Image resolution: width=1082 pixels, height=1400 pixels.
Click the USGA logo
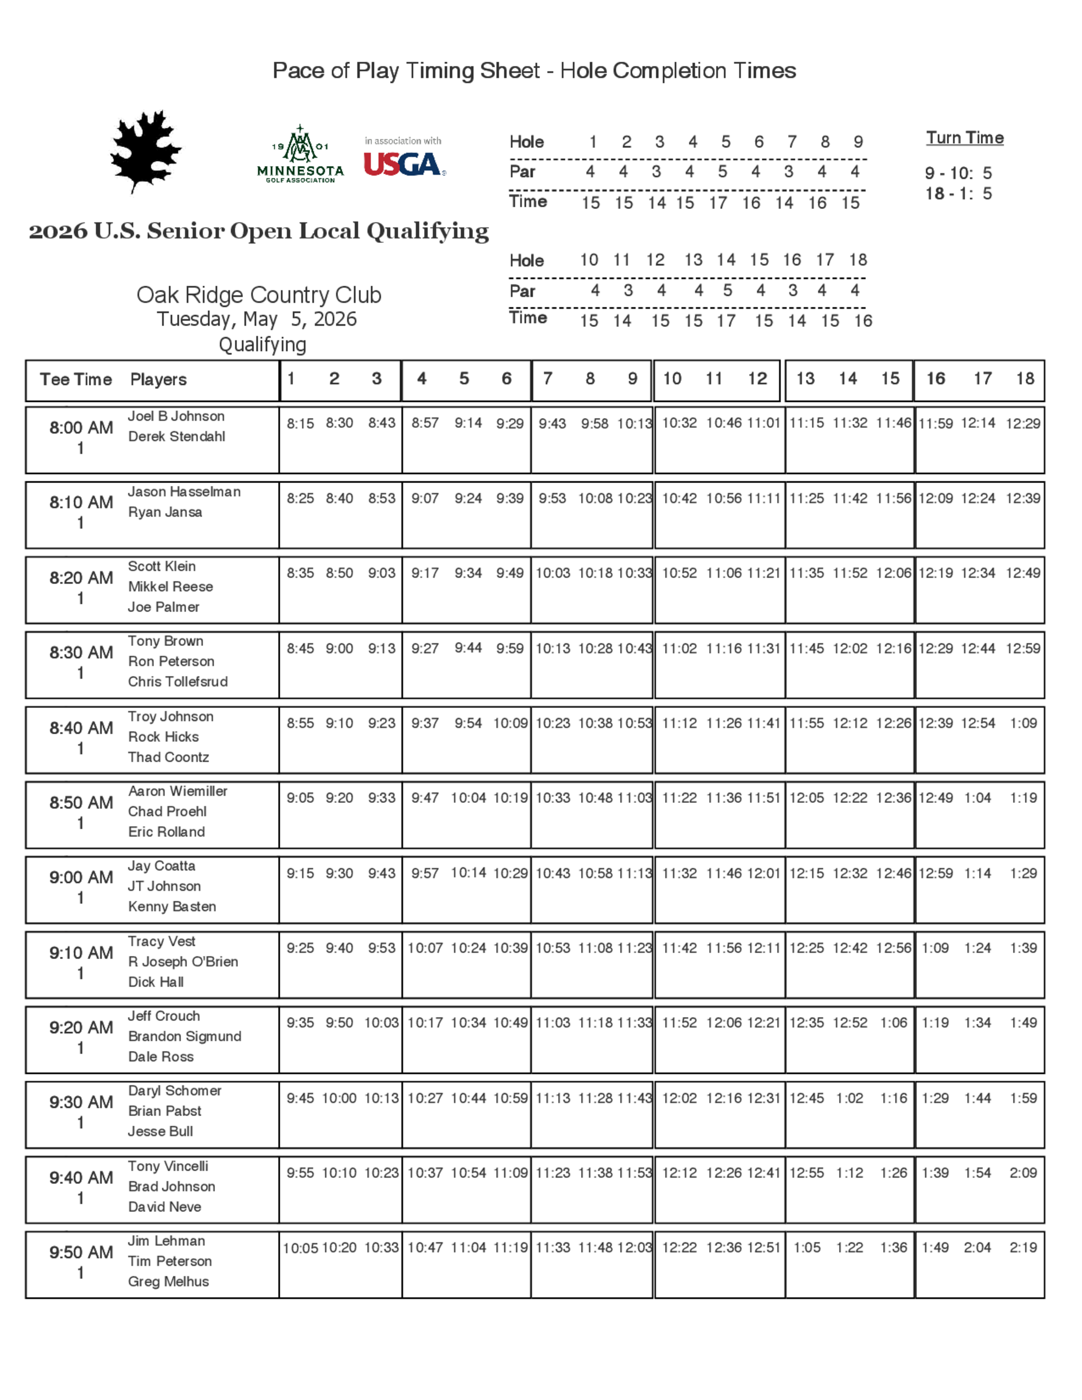404,164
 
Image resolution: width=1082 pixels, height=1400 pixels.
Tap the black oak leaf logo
146,151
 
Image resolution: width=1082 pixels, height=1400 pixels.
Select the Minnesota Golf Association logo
300,155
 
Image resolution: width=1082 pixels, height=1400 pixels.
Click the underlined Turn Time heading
964,138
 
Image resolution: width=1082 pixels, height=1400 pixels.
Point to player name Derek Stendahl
176,437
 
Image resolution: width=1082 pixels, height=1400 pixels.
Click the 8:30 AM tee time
81,652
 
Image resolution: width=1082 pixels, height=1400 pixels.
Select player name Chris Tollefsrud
177,682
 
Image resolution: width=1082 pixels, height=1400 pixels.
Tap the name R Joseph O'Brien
183,961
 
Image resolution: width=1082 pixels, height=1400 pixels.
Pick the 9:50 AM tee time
81,1252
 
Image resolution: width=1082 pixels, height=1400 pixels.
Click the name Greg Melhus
168,1282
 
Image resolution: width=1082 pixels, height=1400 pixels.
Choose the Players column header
159,380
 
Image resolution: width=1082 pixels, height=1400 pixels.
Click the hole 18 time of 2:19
1022,1247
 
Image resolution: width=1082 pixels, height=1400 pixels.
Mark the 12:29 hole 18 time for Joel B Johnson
1022,423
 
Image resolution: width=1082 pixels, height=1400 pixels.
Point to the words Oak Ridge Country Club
259,295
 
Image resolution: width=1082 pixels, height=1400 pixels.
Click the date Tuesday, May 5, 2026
256,319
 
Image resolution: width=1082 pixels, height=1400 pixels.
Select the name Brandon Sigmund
184,1036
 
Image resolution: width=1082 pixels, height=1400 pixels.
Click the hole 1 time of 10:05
300,1248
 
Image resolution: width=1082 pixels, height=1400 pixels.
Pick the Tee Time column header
76,380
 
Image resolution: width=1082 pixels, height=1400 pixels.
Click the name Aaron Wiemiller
177,791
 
